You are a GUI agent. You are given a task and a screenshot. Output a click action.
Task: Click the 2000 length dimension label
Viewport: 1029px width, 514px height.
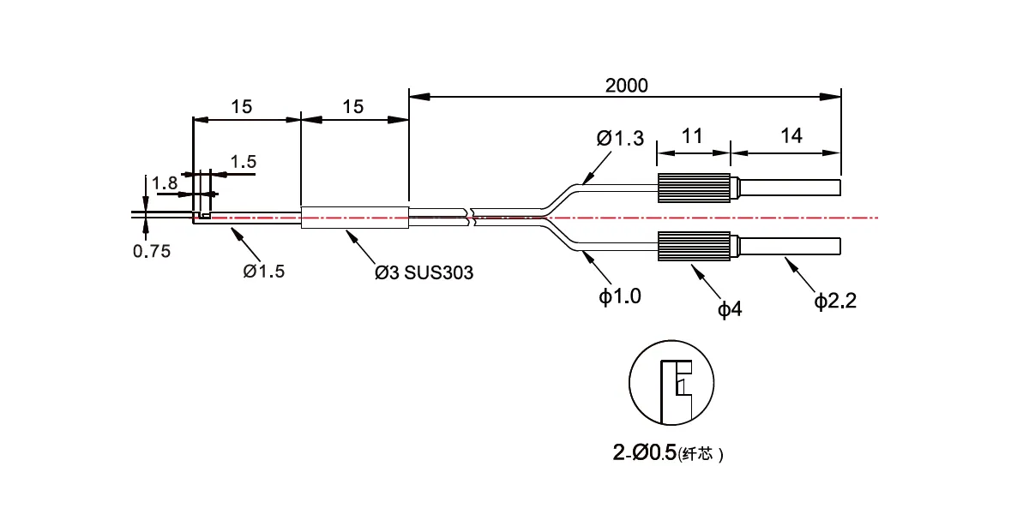[626, 86]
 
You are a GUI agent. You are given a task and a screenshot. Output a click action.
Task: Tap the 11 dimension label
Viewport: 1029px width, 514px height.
[692, 136]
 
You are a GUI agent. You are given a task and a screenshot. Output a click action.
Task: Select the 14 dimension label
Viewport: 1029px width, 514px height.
[791, 136]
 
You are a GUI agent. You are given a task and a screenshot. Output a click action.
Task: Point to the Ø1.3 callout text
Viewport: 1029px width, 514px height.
[620, 138]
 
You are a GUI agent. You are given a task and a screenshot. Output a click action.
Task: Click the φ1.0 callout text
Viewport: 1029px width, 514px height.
[620, 296]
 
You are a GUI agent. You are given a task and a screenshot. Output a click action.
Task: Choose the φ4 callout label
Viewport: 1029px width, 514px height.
[730, 309]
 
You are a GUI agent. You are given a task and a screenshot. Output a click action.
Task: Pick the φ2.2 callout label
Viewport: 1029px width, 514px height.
[835, 301]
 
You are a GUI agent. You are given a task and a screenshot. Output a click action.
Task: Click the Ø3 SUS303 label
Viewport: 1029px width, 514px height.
[424, 272]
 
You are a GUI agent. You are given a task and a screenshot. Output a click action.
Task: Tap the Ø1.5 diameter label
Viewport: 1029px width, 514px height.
[264, 272]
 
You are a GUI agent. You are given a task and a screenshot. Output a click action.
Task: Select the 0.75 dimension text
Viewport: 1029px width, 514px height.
[152, 251]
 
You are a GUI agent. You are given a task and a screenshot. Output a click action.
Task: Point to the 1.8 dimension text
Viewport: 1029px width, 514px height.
[164, 183]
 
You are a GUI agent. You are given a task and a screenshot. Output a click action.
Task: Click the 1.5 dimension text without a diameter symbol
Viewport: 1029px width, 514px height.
[243, 162]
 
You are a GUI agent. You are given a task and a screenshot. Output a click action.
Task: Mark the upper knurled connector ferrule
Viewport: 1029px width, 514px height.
[694, 188]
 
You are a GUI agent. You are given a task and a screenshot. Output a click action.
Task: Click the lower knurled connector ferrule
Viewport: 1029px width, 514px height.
[694, 247]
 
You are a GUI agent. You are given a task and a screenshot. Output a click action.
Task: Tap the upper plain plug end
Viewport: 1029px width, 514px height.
[789, 188]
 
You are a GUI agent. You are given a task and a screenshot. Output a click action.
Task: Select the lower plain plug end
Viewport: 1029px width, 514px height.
[789, 247]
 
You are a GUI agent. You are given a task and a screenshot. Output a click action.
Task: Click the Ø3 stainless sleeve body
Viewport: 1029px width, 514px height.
[355, 218]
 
